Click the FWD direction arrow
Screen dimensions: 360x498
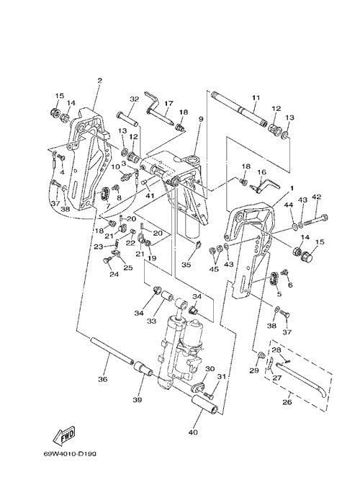[64, 435]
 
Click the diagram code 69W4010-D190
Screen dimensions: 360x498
[70, 454]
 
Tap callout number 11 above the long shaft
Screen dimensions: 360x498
[256, 98]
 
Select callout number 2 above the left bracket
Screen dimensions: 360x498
[99, 80]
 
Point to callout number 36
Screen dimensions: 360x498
[103, 379]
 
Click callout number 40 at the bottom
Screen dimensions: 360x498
[193, 432]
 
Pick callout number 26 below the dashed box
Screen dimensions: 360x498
[287, 402]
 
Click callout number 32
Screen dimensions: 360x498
[134, 99]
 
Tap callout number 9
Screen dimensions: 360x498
[201, 119]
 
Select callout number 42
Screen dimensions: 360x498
[316, 197]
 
